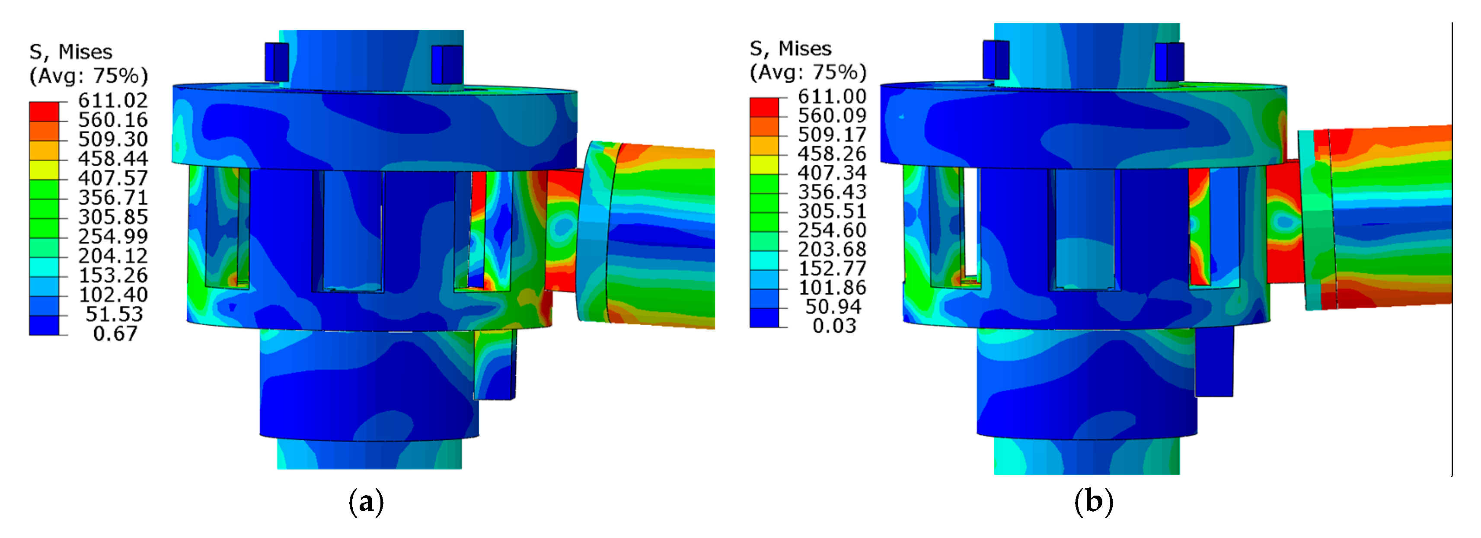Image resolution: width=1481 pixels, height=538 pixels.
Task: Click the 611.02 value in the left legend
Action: click(x=113, y=101)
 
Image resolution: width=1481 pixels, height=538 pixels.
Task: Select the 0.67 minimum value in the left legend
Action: click(x=115, y=334)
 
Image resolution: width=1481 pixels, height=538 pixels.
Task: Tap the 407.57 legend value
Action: click(x=113, y=178)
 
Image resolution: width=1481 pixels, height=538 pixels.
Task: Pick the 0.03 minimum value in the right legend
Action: click(x=834, y=326)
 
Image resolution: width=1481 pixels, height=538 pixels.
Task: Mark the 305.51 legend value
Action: click(x=832, y=211)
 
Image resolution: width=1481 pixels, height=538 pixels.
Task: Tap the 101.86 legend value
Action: click(x=832, y=288)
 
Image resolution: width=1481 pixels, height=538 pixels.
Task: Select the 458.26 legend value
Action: click(x=832, y=154)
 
